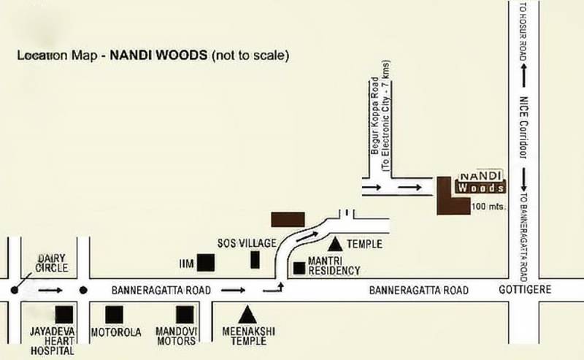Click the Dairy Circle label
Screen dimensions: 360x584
tap(53, 263)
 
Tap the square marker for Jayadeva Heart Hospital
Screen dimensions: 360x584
tap(64, 314)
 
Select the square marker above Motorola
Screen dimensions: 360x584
tap(114, 314)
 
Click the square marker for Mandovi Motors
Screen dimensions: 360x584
tap(185, 314)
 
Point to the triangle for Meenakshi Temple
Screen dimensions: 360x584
tap(247, 314)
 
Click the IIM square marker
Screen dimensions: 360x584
tap(207, 261)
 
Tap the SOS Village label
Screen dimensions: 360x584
tap(246, 242)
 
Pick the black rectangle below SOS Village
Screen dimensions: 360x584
tap(255, 259)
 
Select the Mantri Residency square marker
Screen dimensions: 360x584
tap(299, 268)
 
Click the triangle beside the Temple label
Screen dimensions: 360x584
tap(335, 243)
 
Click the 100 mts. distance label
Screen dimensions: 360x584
tap(488, 207)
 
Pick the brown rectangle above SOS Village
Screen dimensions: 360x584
tap(287, 219)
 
